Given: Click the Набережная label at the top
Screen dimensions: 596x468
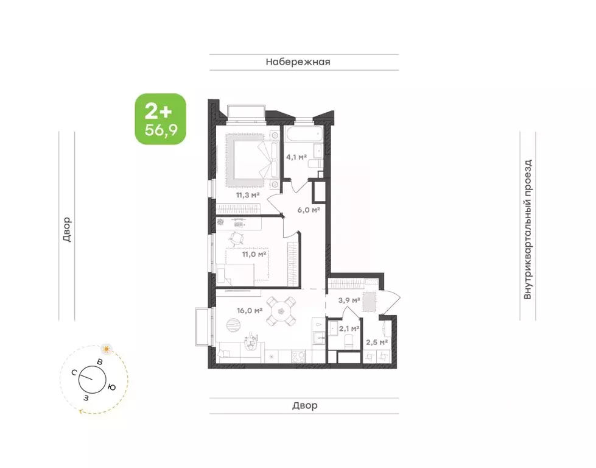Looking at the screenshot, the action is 298,62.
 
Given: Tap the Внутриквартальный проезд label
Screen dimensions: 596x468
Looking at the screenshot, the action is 528,230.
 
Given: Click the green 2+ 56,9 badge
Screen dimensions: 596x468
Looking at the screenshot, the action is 161,119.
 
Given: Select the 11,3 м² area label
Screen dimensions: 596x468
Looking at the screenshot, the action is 248,195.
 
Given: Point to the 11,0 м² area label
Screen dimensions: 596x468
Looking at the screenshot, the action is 254,254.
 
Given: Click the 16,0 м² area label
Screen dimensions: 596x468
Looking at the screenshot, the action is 250,311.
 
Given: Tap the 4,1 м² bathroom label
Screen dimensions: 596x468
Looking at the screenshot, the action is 296,157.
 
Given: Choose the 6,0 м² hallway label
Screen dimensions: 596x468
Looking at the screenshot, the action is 309,210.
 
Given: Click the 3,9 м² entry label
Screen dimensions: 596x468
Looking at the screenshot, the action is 349,300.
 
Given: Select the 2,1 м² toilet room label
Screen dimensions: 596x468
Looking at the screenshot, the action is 349,328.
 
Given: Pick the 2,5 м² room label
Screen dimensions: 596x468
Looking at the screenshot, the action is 377,342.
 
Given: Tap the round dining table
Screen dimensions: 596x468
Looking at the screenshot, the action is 281,311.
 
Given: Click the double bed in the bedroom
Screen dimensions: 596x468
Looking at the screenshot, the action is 253,160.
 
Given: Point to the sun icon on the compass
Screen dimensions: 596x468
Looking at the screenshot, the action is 106,349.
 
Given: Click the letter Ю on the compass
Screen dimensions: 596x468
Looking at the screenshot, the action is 111,388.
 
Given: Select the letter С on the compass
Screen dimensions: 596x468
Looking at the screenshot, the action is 74,372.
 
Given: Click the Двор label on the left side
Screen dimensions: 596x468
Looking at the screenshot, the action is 67,230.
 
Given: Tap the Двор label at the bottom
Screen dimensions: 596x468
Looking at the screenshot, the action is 305,406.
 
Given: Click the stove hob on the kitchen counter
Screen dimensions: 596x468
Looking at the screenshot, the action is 298,356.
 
